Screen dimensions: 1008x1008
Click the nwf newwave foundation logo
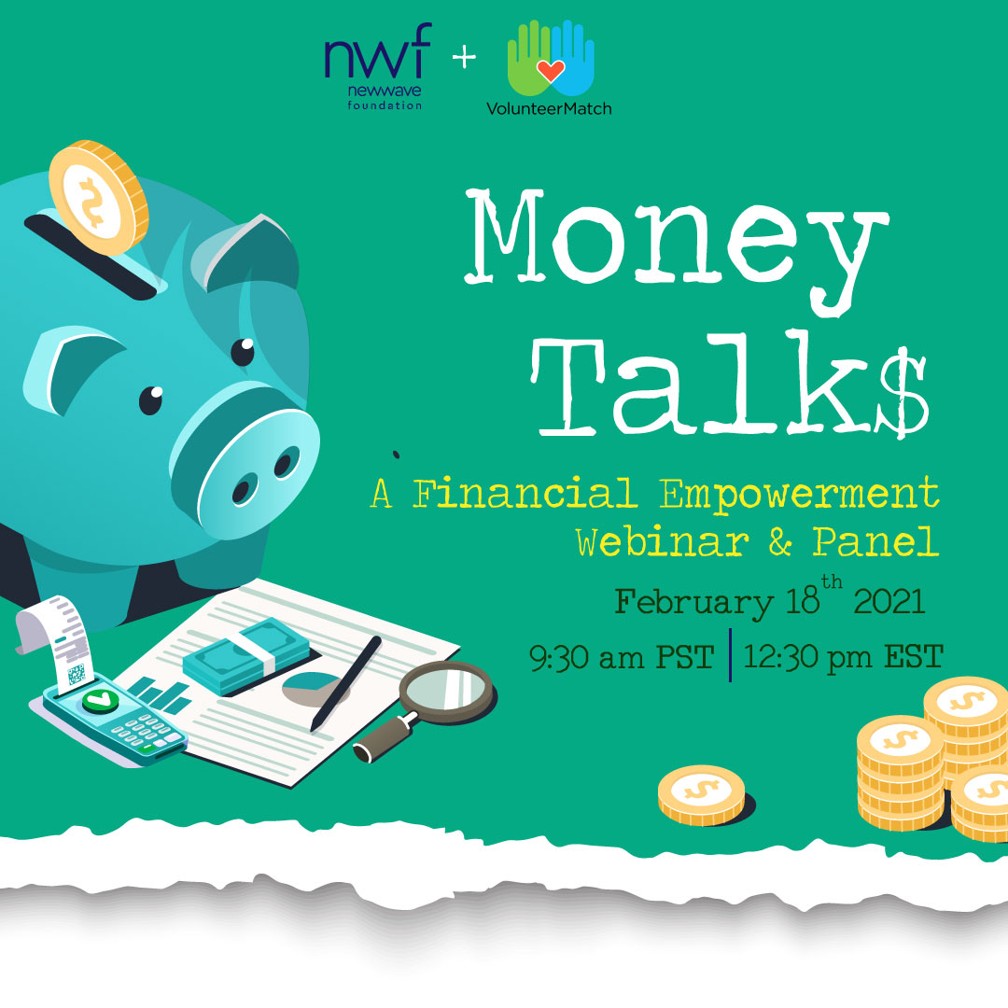(378, 67)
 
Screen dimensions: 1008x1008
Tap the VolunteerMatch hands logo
(551, 68)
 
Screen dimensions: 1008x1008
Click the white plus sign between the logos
(464, 58)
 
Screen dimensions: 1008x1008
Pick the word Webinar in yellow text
(662, 541)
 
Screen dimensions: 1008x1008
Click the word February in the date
(694, 603)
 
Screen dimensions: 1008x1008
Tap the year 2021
(889, 602)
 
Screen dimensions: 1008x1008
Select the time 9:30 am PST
(622, 658)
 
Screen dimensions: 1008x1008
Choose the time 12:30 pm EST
(843, 657)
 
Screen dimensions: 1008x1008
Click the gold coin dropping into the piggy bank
(98, 197)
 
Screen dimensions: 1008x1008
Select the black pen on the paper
(346, 682)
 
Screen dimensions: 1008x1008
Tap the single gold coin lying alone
(701, 794)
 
